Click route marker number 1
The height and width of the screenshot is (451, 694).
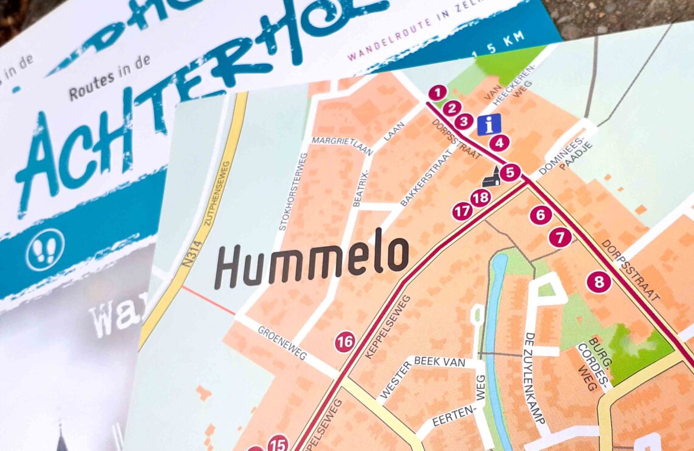(x=437, y=93)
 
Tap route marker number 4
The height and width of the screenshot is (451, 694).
(x=499, y=144)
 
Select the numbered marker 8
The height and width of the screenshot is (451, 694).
(x=599, y=282)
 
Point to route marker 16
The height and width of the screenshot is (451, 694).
(x=345, y=343)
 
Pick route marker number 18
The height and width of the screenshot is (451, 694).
(x=480, y=197)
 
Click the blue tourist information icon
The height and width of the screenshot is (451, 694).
(x=489, y=124)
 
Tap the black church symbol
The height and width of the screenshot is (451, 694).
(x=491, y=177)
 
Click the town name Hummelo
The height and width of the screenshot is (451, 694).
(x=311, y=261)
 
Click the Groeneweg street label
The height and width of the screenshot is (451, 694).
(x=282, y=343)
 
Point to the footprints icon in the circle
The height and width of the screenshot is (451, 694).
(x=44, y=249)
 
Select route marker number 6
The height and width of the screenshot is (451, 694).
(x=541, y=215)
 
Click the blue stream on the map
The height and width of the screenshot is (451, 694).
(x=491, y=341)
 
